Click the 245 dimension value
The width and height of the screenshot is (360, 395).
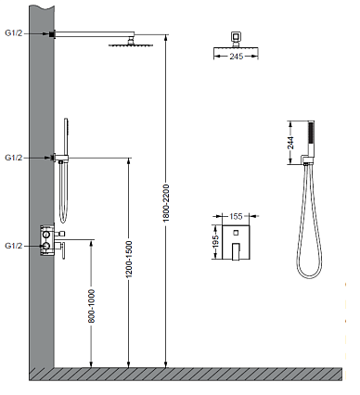[x=237, y=57]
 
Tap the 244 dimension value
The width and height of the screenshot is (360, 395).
[x=291, y=143]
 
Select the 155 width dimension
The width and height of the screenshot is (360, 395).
[x=236, y=216]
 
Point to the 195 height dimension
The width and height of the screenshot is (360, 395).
[x=216, y=241]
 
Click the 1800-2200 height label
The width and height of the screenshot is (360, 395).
[x=166, y=203]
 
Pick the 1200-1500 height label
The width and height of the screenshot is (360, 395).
[x=129, y=259]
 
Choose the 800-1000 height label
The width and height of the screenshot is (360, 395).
[x=92, y=306]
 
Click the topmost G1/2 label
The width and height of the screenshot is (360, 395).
[x=14, y=33]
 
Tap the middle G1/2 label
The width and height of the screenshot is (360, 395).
[x=14, y=158]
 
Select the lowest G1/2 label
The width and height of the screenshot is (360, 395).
[x=14, y=246]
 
